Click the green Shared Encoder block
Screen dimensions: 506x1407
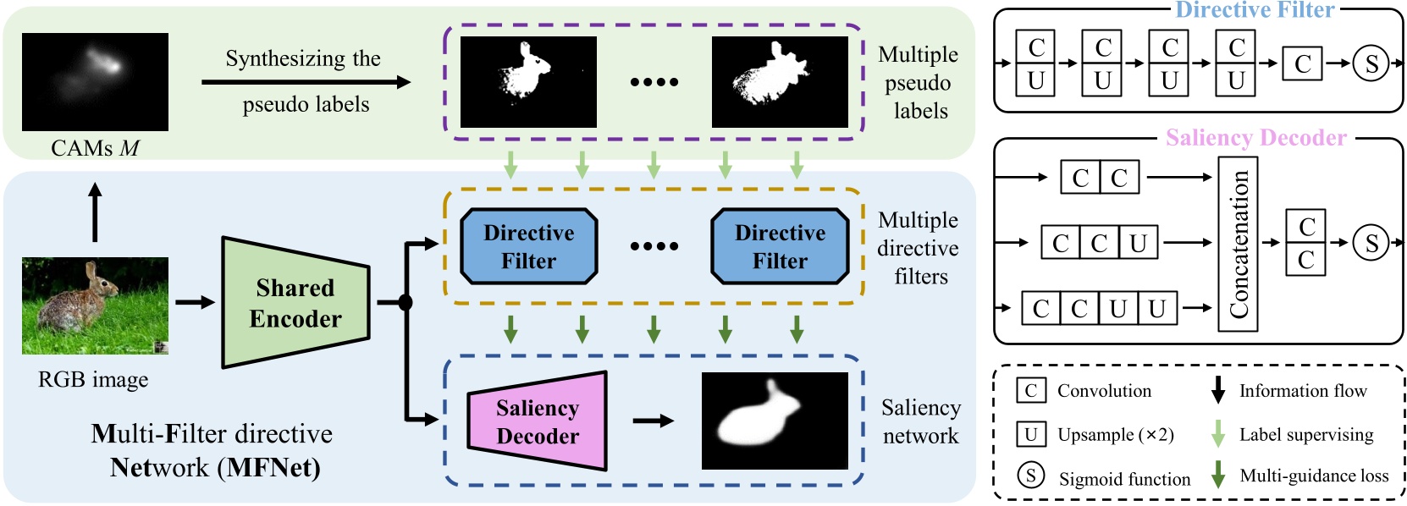pos(295,303)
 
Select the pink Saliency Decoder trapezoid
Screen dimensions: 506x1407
pos(538,421)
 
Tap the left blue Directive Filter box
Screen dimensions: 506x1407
pos(528,246)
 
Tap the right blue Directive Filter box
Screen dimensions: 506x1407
pos(780,246)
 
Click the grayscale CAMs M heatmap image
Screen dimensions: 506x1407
pos(95,81)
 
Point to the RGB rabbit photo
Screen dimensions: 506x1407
pos(95,305)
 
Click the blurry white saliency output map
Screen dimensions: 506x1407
pos(775,421)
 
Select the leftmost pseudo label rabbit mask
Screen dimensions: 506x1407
pos(528,81)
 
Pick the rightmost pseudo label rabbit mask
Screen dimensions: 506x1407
pos(780,81)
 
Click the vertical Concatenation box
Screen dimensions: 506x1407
pos(1237,244)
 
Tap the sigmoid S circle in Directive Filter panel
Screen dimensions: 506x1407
pos(1371,63)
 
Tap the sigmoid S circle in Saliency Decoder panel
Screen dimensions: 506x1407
pos(1371,244)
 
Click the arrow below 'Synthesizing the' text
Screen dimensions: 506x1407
pos(305,82)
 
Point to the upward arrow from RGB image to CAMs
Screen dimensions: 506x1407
pos(95,212)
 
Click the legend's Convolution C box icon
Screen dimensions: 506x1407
pos(1030,391)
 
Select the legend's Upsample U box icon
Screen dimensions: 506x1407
pos(1030,434)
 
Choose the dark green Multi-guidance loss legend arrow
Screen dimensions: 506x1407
pos(1218,476)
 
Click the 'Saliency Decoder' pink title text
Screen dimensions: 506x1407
pos(1255,138)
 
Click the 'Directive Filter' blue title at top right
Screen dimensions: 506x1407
pos(1255,10)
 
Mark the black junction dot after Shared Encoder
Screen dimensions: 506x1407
pos(406,303)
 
